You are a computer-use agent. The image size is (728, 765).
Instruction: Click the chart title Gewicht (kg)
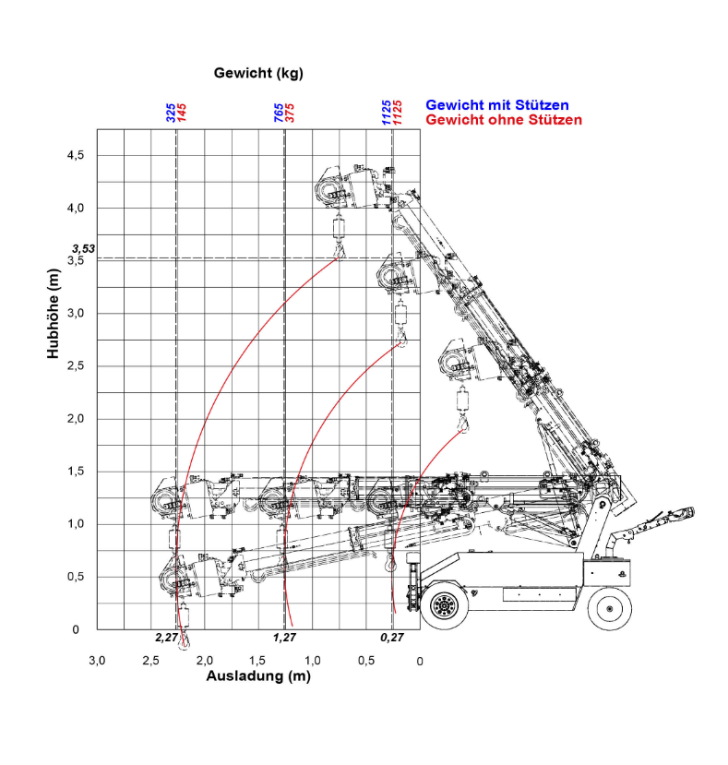pos(258,73)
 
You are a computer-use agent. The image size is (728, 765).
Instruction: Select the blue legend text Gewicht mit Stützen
pos(496,105)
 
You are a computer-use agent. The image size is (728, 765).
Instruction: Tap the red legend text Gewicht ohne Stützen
pos(504,120)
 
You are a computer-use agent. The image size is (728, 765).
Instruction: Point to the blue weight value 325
pos(171,113)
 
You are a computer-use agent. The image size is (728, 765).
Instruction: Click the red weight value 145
pos(182,113)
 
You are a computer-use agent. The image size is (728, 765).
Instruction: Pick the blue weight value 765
pos(278,113)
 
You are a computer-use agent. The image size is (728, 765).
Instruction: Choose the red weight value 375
pos(290,113)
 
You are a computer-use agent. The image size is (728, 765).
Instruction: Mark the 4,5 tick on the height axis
pos(76,155)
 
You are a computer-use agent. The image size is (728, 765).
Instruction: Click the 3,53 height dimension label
pos(83,249)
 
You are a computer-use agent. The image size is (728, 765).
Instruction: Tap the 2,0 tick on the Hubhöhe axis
pos(76,419)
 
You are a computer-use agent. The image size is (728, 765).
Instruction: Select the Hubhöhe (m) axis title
pos(53,314)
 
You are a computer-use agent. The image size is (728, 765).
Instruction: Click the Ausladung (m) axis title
pos(258,676)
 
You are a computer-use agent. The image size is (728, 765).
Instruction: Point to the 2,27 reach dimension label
pos(166,638)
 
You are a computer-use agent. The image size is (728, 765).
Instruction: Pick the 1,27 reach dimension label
pos(284,638)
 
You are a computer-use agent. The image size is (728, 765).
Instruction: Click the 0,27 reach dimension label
pos(392,638)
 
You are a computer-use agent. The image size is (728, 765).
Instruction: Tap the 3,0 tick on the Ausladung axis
pos(97,661)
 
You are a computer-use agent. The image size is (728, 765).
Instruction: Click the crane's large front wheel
pos(444,606)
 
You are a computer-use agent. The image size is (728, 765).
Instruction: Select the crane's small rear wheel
pos(609,609)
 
